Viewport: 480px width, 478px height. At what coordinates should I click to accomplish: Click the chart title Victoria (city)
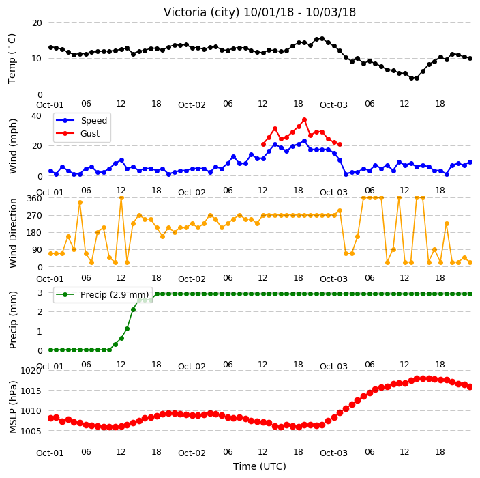(201, 12)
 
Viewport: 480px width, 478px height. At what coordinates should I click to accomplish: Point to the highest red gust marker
(304, 120)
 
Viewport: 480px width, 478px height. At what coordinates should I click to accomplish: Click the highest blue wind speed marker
(304, 141)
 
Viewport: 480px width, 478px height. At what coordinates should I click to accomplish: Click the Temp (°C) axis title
(12, 59)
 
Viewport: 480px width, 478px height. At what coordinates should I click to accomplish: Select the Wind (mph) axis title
(13, 146)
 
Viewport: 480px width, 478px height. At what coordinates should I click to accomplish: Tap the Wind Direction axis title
(13, 233)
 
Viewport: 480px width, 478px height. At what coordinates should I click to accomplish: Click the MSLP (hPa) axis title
(13, 407)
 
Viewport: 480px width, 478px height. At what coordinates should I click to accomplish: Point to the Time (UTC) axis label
(260, 466)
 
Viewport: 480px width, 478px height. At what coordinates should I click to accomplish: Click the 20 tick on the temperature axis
(37, 23)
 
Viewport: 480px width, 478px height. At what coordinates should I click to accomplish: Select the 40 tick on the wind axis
(36, 116)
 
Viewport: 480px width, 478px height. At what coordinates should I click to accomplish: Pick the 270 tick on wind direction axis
(34, 216)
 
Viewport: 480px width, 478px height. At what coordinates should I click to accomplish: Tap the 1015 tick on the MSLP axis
(31, 391)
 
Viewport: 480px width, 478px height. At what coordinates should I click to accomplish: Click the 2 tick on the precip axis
(40, 312)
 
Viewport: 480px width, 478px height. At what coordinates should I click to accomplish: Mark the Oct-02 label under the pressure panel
(192, 453)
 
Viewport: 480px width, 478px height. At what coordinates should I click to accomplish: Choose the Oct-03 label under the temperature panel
(333, 105)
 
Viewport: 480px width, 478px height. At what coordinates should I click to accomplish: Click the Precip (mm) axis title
(13, 320)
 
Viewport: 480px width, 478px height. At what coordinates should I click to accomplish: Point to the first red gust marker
(263, 144)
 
